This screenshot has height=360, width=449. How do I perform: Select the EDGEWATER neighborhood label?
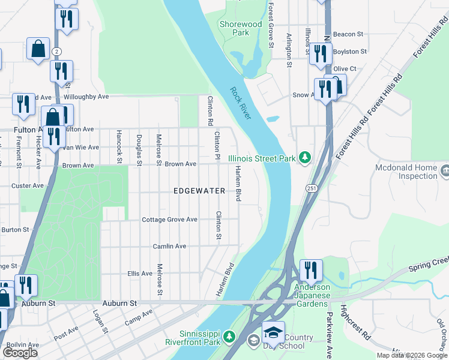click(199, 191)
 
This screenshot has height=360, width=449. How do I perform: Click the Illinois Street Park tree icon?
click(306, 158)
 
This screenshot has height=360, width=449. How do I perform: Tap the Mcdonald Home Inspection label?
click(406, 172)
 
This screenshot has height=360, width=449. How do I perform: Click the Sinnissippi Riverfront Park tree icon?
click(229, 338)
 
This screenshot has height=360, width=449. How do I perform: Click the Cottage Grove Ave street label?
click(169, 220)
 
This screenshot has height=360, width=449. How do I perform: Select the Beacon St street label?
click(349, 35)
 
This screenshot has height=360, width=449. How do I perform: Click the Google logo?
click(20, 353)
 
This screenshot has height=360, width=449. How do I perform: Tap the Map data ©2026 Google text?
click(411, 355)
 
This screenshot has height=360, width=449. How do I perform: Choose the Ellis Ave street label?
click(140, 274)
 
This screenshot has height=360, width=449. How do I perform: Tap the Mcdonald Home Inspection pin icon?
click(444, 172)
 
